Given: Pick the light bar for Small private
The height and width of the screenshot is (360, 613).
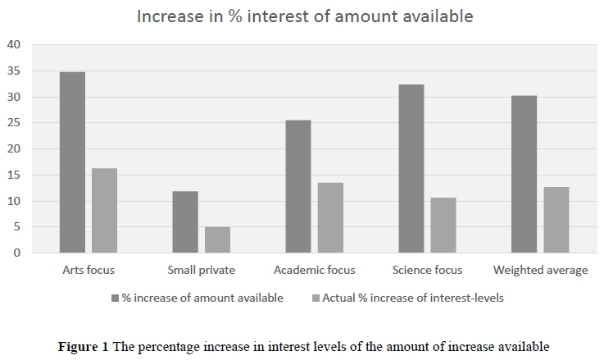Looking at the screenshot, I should pos(217,239).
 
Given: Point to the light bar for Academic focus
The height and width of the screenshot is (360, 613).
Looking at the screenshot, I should pos(330,217).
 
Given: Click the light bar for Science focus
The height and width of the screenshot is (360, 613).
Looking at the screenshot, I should pos(443,225).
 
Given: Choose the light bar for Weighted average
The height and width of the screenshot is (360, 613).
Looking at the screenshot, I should pos(556,220).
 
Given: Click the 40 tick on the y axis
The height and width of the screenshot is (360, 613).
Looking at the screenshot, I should pos(14,45).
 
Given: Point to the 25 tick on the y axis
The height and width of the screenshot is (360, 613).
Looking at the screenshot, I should pos(14,123).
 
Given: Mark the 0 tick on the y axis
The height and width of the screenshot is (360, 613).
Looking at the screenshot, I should pos(17,253).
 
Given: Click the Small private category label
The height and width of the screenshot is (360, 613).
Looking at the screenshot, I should pos(201,270).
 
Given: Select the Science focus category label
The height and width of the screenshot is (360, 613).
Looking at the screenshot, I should pos(427,270).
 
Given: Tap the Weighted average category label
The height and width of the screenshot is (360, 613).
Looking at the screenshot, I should pos(540,270).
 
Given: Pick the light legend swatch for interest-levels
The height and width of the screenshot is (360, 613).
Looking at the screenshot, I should pos(316,298).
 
